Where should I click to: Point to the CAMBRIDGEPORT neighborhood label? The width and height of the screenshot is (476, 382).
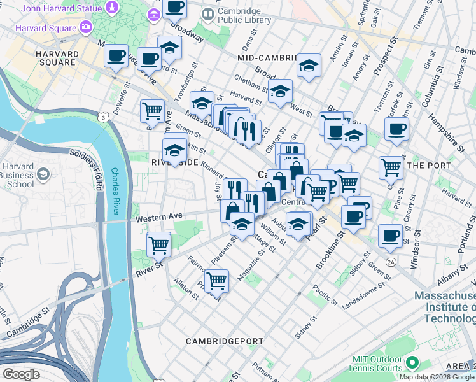coord(225,341)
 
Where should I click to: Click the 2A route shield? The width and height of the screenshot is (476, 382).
coord(390,262)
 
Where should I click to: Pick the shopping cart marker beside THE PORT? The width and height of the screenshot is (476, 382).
coord(391,167)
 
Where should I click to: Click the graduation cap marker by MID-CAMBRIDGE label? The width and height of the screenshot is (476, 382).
coord(309,66)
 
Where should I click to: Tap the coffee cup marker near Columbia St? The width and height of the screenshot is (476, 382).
coord(396,128)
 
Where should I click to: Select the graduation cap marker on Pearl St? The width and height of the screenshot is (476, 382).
coord(298,223)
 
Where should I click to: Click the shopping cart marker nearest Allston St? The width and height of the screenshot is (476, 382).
coord(217,279)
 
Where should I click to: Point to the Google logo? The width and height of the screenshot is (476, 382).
coord(21,374)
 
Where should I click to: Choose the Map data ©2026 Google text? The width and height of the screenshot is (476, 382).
coord(437,377)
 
